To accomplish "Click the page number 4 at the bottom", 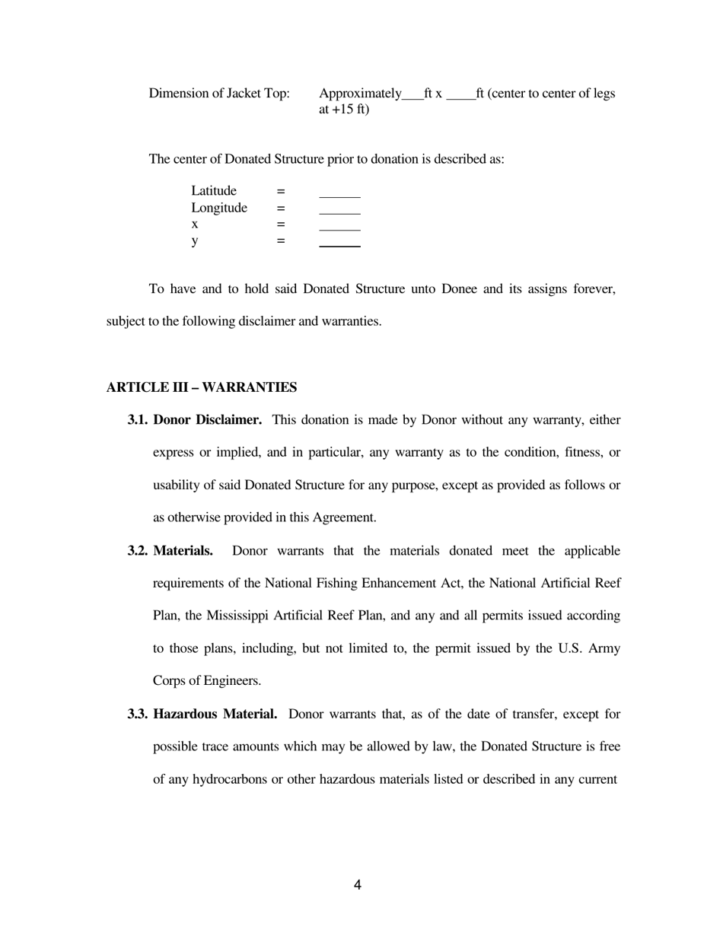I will click(x=357, y=885).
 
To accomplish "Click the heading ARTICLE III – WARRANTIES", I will click(x=201, y=387).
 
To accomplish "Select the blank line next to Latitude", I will click(x=339, y=193).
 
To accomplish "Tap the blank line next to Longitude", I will click(x=339, y=210).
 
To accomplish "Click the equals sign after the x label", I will click(x=280, y=224).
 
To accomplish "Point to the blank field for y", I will click(x=339, y=244).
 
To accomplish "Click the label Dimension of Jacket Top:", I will click(x=219, y=94).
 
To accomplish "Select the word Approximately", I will click(x=360, y=94).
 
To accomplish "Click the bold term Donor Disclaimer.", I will click(x=207, y=420).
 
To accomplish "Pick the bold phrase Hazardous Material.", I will click(x=215, y=715).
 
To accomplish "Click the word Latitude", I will click(x=214, y=191).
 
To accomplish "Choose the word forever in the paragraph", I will click(x=593, y=289).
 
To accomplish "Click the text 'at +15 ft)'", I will click(x=344, y=110).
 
